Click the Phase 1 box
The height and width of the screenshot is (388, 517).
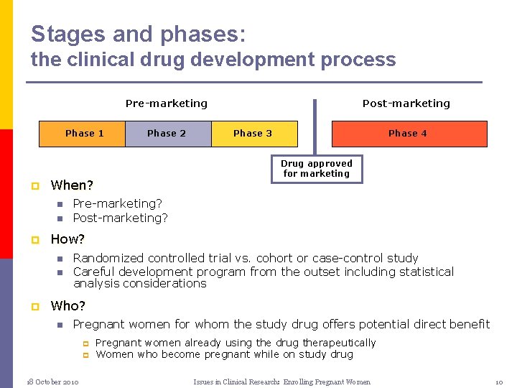(83, 134)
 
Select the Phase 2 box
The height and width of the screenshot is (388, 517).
(167, 134)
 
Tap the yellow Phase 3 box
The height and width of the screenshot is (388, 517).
(253, 134)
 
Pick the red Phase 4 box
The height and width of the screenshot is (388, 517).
(409, 134)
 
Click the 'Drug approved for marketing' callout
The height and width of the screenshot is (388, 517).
(317, 168)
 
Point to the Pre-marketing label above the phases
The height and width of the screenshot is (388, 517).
(167, 103)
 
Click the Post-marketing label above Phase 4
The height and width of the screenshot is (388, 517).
(406, 103)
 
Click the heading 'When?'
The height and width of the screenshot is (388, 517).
(72, 185)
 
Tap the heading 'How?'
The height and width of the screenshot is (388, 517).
(67, 239)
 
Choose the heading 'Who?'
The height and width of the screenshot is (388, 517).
(67, 306)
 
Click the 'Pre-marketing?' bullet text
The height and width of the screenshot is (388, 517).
(118, 204)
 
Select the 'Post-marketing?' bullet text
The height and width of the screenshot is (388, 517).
(121, 218)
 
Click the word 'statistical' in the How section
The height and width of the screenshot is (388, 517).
(424, 272)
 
